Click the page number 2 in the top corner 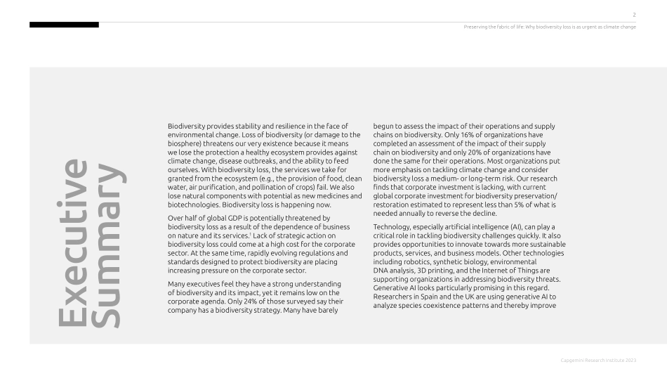634,14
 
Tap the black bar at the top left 64,25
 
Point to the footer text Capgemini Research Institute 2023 599,360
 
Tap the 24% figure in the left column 242,301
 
